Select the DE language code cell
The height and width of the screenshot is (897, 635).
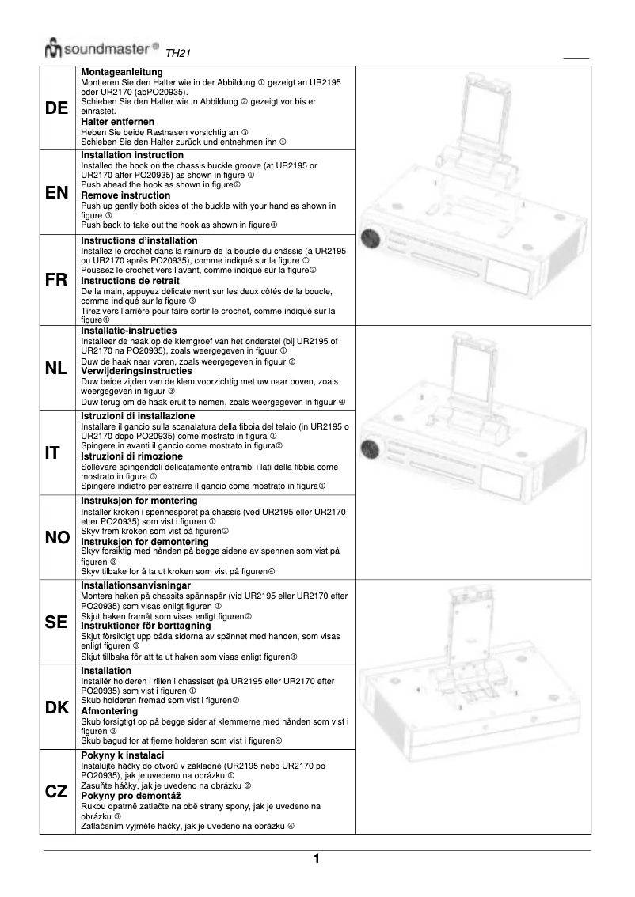point(57,108)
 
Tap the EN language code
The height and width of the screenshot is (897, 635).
point(57,192)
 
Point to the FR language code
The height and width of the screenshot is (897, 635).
point(57,280)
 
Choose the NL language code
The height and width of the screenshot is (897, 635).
point(57,368)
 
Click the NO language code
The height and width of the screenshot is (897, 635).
point(57,539)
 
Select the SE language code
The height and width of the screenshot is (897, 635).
point(57,623)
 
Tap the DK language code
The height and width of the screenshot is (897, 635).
point(57,708)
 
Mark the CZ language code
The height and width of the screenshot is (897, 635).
point(57,792)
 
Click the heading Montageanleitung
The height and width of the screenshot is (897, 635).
point(117,72)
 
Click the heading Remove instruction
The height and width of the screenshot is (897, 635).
point(126,195)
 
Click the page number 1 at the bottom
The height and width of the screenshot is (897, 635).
point(316,860)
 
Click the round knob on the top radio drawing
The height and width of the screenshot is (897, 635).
point(369,237)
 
